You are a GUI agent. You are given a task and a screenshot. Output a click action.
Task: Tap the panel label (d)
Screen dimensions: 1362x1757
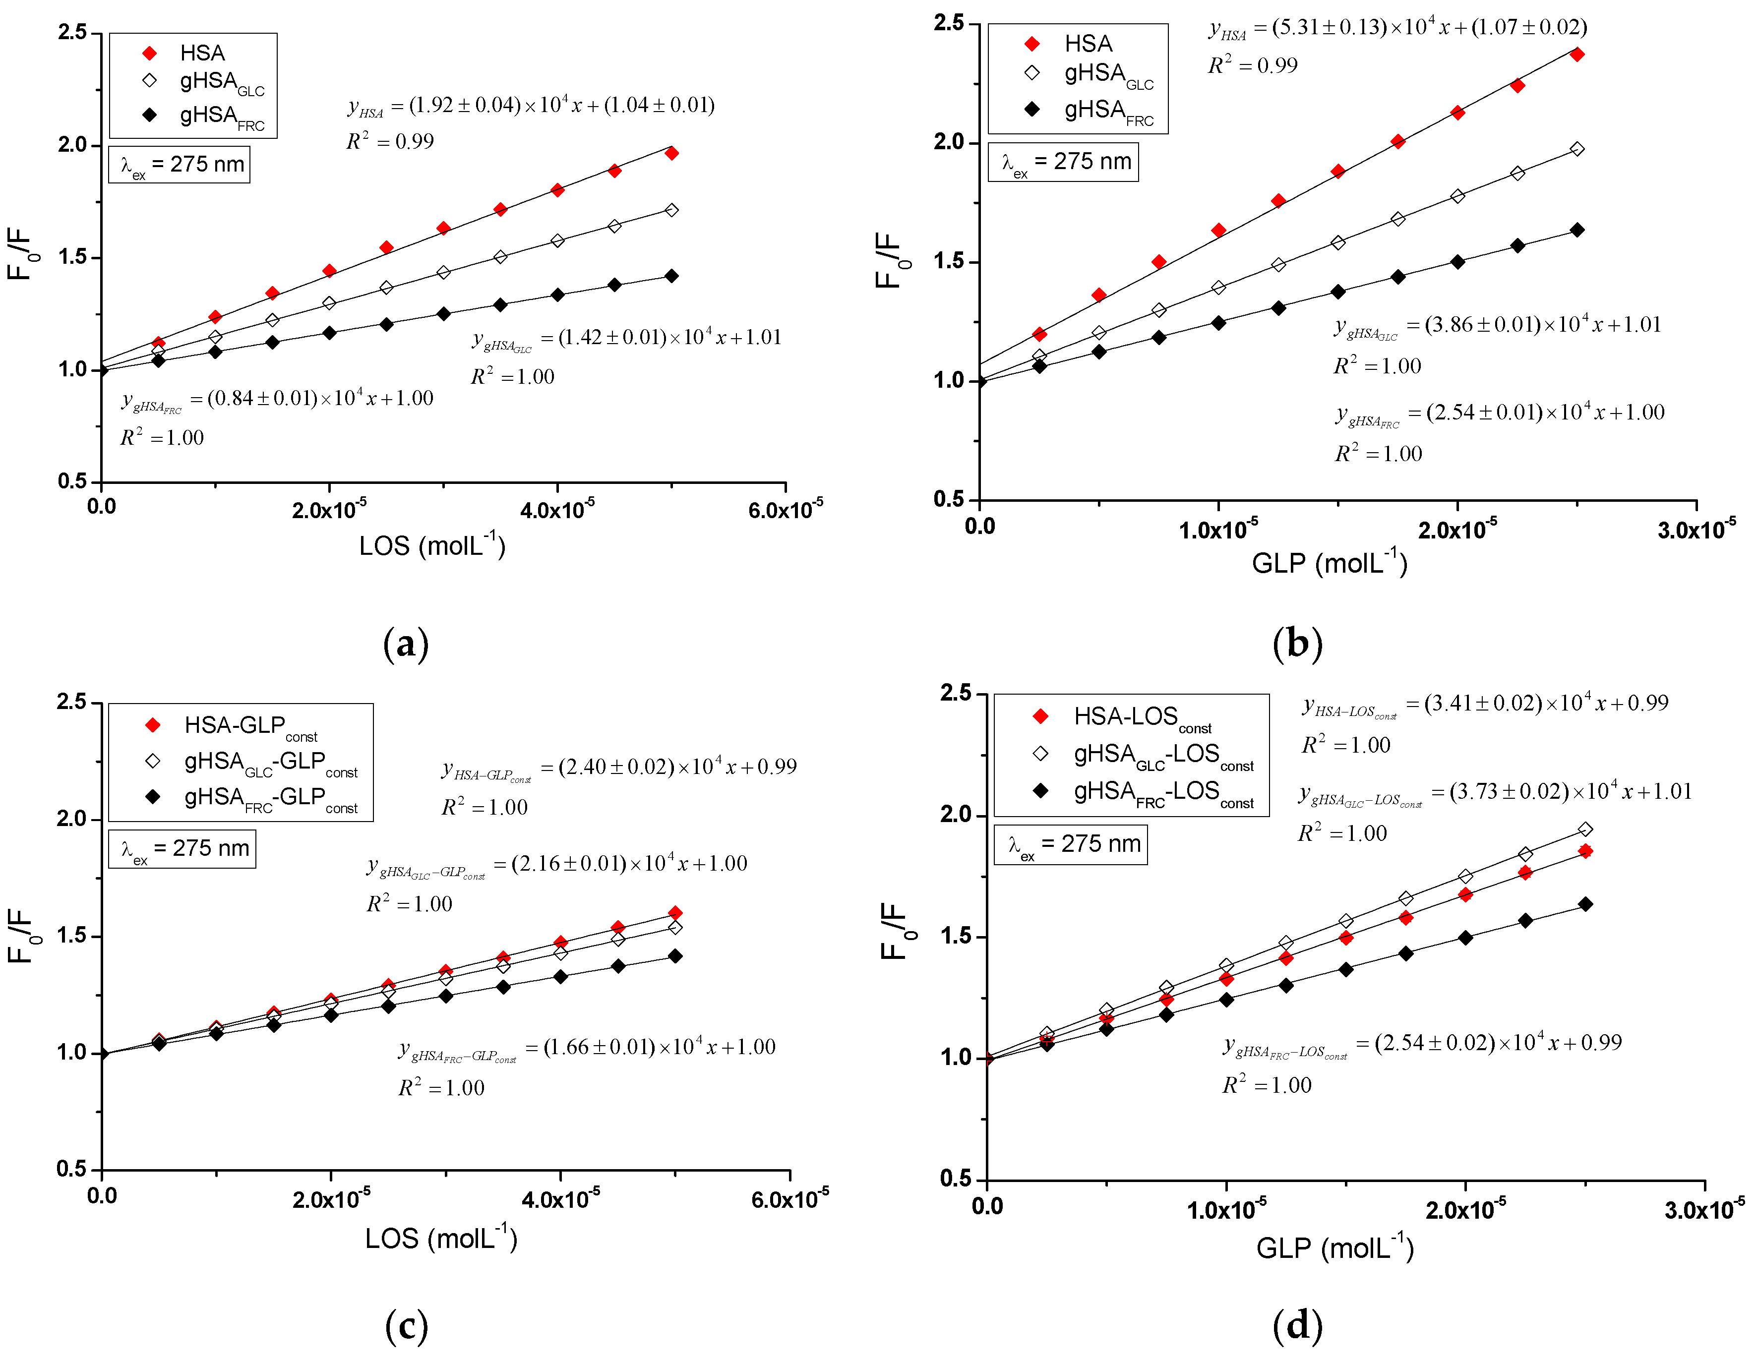[1297, 1325]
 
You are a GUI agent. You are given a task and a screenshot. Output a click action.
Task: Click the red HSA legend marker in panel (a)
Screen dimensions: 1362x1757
[150, 53]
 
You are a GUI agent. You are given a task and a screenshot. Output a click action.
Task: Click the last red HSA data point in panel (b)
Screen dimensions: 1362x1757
[1577, 55]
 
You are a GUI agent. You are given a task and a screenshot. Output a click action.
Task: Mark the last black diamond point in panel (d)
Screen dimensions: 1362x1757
[1585, 904]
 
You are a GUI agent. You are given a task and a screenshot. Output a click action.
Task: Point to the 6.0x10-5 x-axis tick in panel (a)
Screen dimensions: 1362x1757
[785, 509]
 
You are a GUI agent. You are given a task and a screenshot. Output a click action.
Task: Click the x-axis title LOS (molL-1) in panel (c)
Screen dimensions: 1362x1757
[441, 1238]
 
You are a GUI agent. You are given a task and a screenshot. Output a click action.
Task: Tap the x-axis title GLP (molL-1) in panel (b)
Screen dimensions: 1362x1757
[1329, 562]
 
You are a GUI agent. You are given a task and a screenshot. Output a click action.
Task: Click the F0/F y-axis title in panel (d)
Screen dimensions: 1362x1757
[893, 931]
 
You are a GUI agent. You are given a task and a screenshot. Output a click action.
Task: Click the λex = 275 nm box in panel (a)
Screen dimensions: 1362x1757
[180, 165]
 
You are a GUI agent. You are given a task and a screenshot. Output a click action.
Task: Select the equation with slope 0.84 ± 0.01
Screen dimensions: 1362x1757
[278, 399]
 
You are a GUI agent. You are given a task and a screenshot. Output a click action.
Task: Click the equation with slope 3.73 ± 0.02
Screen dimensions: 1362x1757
[1495, 792]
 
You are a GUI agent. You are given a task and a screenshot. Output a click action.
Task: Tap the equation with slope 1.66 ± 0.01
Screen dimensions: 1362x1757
[587, 1048]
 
